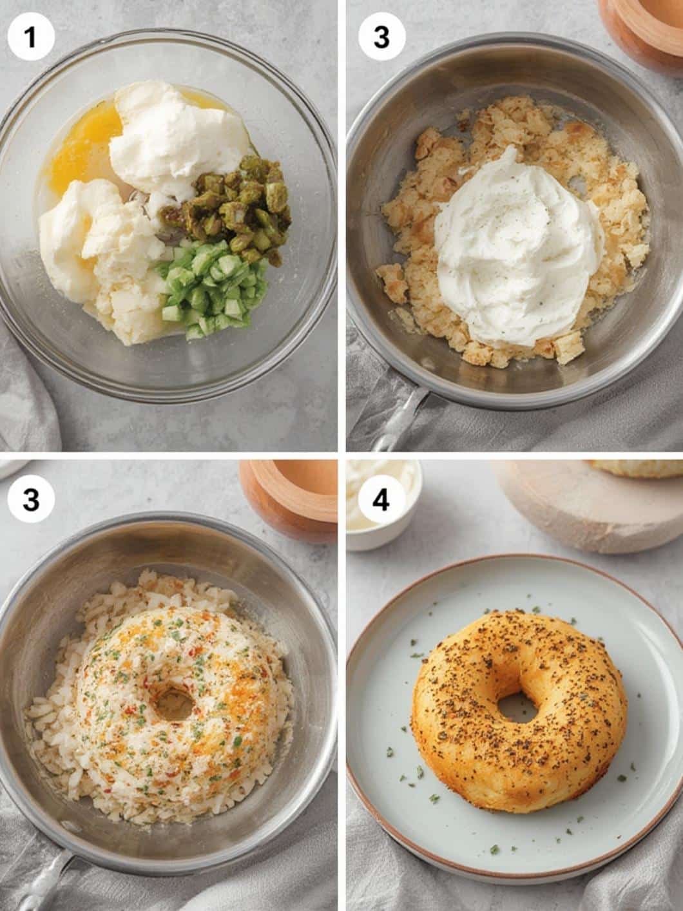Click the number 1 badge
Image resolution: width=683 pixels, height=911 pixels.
(x=30, y=38)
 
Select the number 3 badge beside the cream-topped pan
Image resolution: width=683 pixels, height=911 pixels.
(x=381, y=38)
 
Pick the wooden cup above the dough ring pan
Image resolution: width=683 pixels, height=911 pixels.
(x=290, y=499)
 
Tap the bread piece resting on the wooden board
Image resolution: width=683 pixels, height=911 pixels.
(x=638, y=468)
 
